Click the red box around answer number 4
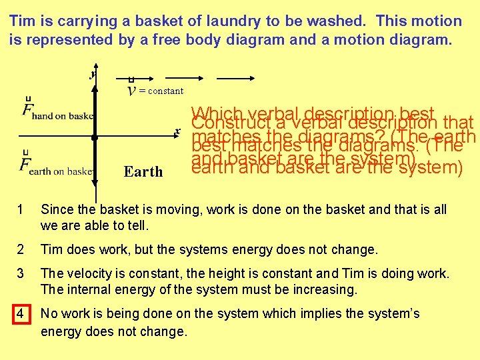coord(22,313)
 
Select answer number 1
coord(22,209)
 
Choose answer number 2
coord(22,249)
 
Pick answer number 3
coord(22,273)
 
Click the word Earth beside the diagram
coord(143,172)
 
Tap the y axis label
coord(92,74)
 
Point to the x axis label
coord(177,131)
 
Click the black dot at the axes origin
coord(95,137)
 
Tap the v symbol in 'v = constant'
coord(133,90)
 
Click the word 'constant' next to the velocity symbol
coord(165,91)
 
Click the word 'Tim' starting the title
coord(22,21)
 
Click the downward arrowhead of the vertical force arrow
coord(95,193)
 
